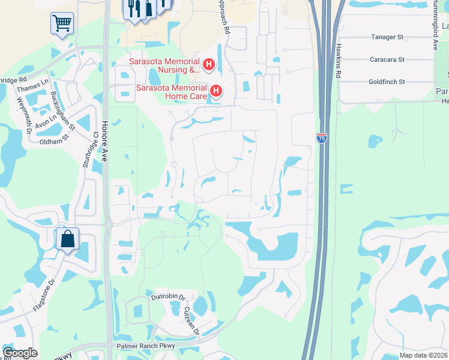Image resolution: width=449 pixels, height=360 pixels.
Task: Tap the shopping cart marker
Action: (x=62, y=24)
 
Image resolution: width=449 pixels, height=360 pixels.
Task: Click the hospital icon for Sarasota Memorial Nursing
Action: (x=208, y=64)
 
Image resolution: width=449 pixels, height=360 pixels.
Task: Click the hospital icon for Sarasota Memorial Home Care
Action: (x=216, y=91)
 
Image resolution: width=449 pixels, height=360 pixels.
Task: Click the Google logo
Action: (x=20, y=353)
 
